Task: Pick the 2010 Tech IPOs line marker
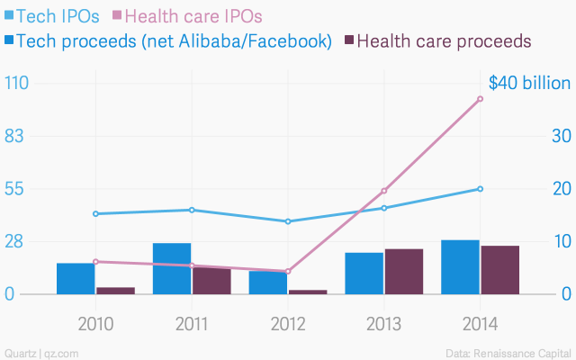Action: [95, 213]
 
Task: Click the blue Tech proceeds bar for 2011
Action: [172, 268]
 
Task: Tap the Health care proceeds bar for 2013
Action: [404, 271]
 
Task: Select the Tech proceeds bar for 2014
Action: [460, 266]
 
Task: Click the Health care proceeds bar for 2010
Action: [115, 291]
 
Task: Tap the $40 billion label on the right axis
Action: [529, 83]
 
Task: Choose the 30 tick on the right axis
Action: [561, 136]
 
